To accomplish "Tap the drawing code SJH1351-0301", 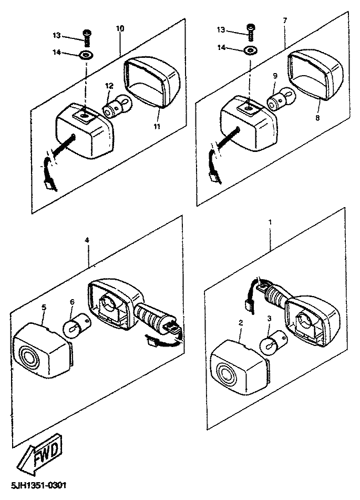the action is (38, 486).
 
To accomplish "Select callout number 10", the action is (120, 28).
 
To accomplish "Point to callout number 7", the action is (285, 21).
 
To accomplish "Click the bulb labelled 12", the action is (117, 107).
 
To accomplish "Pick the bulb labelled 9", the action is (279, 99).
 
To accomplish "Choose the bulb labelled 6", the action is (75, 323).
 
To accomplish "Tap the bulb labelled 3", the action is (272, 343).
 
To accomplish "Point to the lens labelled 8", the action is (315, 75).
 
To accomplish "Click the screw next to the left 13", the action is (86, 38).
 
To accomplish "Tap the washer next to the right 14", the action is (251, 50).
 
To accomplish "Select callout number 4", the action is (87, 240).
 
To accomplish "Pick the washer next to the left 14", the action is (86, 55).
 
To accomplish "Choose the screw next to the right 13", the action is (251, 33).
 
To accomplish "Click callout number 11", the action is (157, 126).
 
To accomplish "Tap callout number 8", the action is (317, 118).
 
